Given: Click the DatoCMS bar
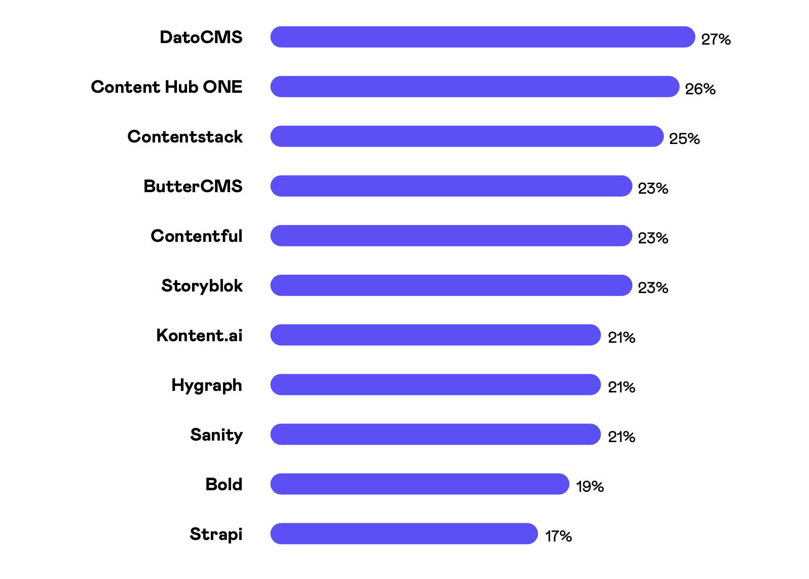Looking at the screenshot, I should (482, 37).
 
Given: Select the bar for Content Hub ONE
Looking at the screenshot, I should (474, 87).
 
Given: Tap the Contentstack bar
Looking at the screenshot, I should (466, 136).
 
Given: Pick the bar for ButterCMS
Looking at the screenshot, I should (451, 186).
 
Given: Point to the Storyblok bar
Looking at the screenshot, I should (451, 285).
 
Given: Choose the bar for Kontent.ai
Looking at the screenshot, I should (435, 335).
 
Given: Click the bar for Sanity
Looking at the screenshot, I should (435, 435).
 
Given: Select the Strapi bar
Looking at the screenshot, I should (403, 534).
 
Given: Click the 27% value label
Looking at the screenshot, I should (716, 40).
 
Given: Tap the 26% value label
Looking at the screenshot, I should (700, 89).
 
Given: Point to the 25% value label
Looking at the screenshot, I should (684, 139).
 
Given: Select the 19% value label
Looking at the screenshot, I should (590, 487).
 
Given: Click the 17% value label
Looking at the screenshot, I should (559, 536).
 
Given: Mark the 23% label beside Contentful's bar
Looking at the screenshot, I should (653, 238).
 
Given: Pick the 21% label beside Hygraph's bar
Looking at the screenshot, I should (621, 387).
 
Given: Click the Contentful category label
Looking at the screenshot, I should (197, 236).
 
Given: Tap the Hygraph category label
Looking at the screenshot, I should (207, 386).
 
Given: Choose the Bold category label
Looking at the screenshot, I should (224, 485).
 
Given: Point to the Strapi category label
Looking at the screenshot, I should (216, 534).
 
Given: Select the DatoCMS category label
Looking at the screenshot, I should (201, 38).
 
